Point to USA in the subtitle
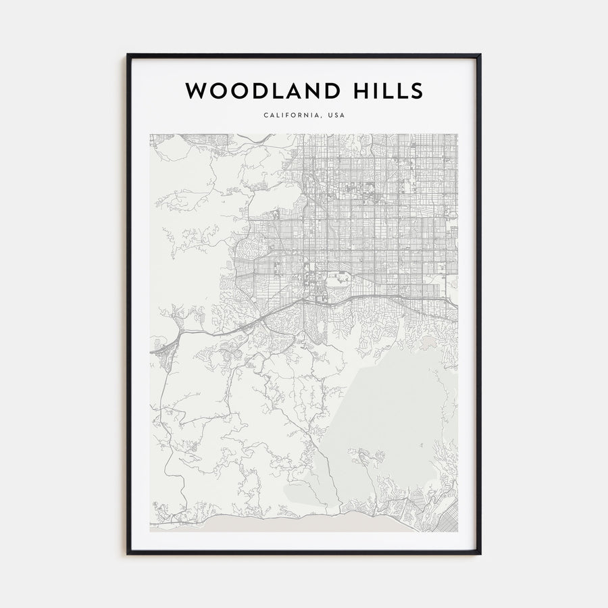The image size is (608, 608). (336, 116)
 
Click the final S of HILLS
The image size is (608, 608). (416, 90)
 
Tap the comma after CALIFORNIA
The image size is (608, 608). (322, 118)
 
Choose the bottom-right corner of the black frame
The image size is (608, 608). (481, 555)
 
